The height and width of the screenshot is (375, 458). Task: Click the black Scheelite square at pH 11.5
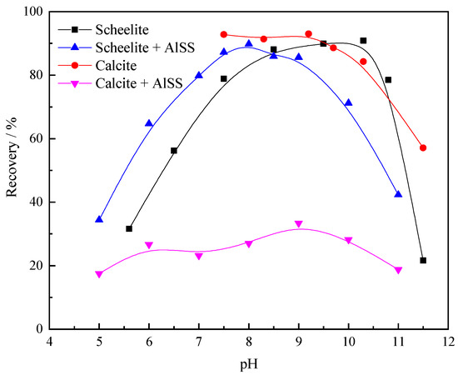tap(423, 261)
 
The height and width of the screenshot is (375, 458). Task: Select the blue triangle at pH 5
tap(99, 219)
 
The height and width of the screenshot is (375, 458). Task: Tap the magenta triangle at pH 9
tap(298, 224)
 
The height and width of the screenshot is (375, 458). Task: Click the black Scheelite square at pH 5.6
tap(129, 228)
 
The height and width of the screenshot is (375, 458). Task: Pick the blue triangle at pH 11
tap(398, 193)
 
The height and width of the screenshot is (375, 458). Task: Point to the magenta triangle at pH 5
tap(99, 274)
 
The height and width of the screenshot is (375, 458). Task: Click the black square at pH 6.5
tap(174, 151)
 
